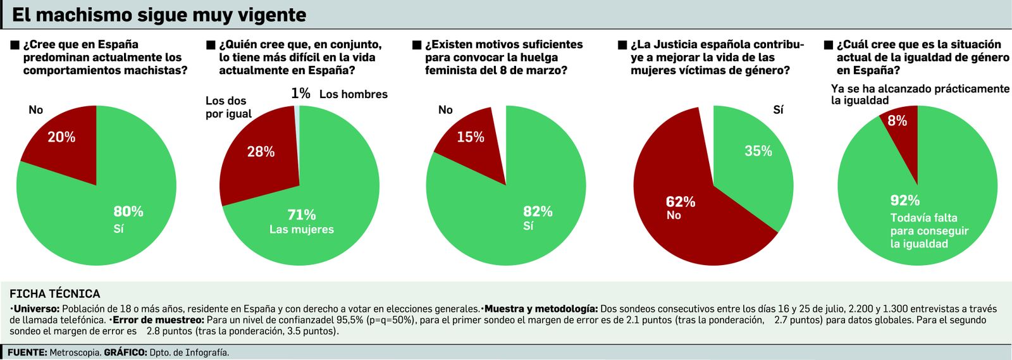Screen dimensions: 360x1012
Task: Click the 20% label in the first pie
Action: tap(61, 137)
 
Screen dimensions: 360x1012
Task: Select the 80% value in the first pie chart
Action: tap(128, 211)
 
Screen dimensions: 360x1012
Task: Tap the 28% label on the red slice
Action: tap(261, 152)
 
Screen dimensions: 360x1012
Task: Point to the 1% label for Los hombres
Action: tap(300, 94)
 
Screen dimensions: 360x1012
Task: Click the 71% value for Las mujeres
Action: tap(302, 215)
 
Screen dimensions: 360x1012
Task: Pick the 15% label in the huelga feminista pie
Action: tap(471, 137)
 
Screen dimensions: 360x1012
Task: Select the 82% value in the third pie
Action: tap(538, 211)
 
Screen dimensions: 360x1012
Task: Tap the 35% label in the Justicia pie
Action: tap(758, 151)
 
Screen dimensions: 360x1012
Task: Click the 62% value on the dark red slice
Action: tap(681, 202)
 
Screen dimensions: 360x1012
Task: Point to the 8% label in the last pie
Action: tap(897, 121)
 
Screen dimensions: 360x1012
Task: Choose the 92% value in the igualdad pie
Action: tap(905, 201)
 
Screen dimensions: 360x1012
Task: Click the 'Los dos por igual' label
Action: tap(228, 107)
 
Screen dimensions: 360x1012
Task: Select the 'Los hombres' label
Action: tap(353, 94)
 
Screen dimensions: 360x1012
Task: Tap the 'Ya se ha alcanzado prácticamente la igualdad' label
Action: tap(920, 94)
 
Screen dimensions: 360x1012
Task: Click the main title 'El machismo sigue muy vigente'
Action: tap(159, 15)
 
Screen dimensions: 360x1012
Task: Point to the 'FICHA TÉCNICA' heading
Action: tap(55, 294)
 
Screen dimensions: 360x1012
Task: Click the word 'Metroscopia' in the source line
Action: tap(75, 352)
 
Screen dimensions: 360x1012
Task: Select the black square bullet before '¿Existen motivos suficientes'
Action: tap(417, 45)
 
